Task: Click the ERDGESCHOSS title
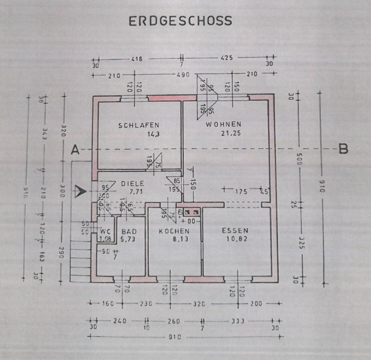tap(180, 21)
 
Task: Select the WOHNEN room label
tap(223, 124)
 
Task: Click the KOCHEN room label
tap(174, 231)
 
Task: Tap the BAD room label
tap(129, 231)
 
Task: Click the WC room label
tap(106, 231)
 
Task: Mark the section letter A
tap(75, 151)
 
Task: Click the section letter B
tap(343, 150)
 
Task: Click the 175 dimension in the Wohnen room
tap(241, 192)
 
